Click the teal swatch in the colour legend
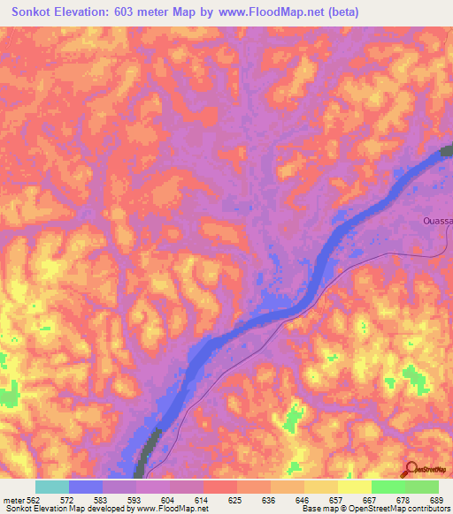click(52, 487)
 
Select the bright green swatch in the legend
click(388, 487)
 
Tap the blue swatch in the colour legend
click(86, 487)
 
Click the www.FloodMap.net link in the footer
click(174, 509)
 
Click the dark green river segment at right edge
click(444, 154)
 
